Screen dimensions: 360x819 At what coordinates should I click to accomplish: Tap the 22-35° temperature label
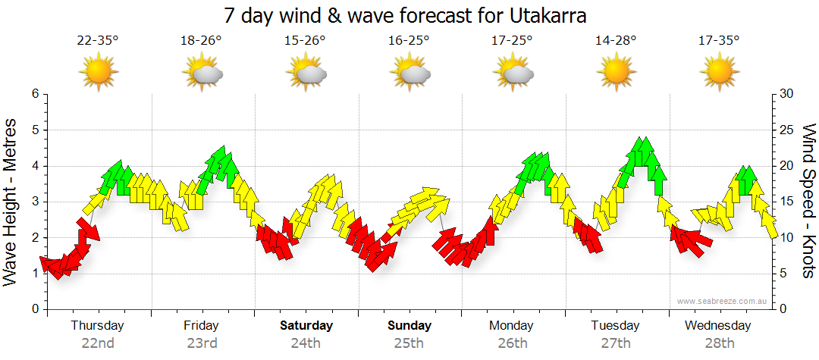coord(98,41)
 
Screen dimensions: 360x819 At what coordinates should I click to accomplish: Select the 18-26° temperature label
coord(201,41)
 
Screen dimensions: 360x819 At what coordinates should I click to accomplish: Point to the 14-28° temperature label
coord(616,41)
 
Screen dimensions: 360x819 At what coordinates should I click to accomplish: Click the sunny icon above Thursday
coord(99,74)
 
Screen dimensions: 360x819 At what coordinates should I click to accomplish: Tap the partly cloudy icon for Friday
coord(202,74)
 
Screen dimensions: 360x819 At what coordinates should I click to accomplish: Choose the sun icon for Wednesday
coord(718,74)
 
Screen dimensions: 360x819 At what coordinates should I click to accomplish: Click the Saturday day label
coord(306,326)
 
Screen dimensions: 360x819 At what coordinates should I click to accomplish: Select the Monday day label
coord(513,326)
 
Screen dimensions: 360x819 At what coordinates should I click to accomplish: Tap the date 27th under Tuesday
coord(616,343)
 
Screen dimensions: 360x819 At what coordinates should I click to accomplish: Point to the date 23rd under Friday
coord(202,343)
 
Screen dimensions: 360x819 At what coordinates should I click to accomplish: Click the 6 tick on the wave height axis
coord(34,94)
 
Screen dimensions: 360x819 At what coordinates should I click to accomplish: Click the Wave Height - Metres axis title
coord(11,201)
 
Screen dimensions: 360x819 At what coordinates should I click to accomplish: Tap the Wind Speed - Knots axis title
coord(808,201)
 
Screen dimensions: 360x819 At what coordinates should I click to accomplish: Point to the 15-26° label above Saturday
coord(306,41)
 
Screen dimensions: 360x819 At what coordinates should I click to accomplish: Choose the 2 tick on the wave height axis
coord(34,237)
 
